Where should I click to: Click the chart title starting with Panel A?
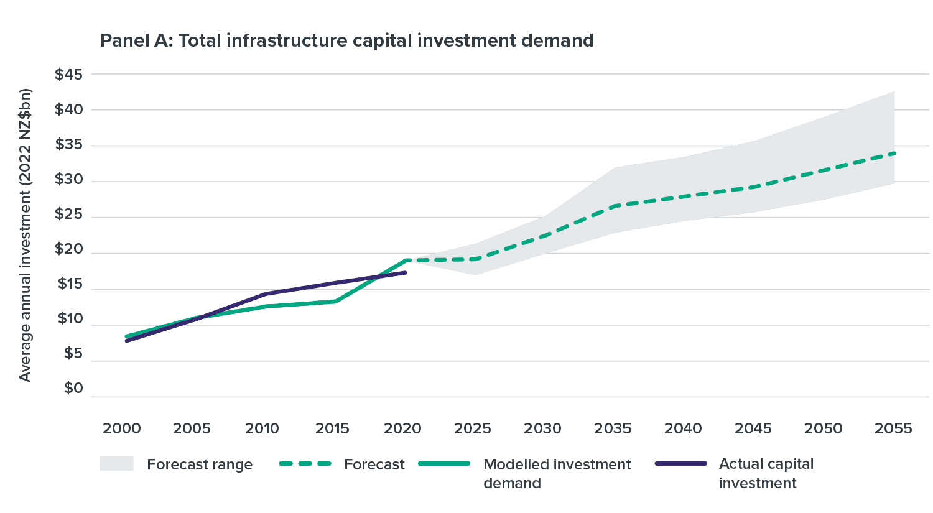(346, 41)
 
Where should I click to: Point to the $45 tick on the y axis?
(68, 75)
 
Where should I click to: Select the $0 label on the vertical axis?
(73, 389)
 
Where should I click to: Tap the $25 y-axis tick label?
(68, 215)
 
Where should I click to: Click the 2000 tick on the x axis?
(122, 428)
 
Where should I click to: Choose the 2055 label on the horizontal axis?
(893, 428)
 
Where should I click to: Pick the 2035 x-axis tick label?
(613, 428)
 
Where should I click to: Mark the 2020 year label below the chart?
(402, 428)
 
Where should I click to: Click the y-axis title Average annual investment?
(25, 235)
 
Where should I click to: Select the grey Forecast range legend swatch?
(116, 464)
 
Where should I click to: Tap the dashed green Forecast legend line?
(304, 464)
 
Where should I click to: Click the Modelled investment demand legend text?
(557, 473)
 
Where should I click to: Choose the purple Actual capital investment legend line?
(680, 464)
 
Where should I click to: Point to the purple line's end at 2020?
(406, 272)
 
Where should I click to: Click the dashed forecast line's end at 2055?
(894, 152)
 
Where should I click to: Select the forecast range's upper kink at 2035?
(615, 167)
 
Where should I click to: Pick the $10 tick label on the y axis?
(70, 319)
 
